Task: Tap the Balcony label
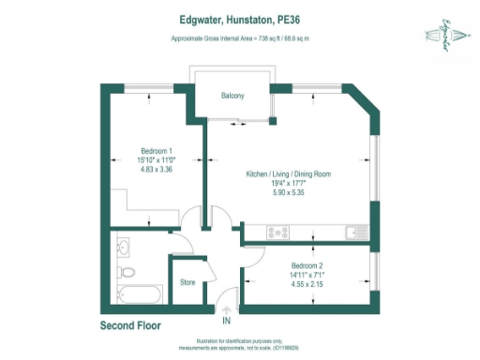[x=232, y=97]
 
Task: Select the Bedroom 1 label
[x=157, y=151]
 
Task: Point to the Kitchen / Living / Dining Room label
[x=288, y=175]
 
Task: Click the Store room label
[x=187, y=281]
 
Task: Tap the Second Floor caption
[x=130, y=326]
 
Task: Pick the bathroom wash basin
[x=125, y=247]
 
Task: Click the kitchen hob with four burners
[x=278, y=231]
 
